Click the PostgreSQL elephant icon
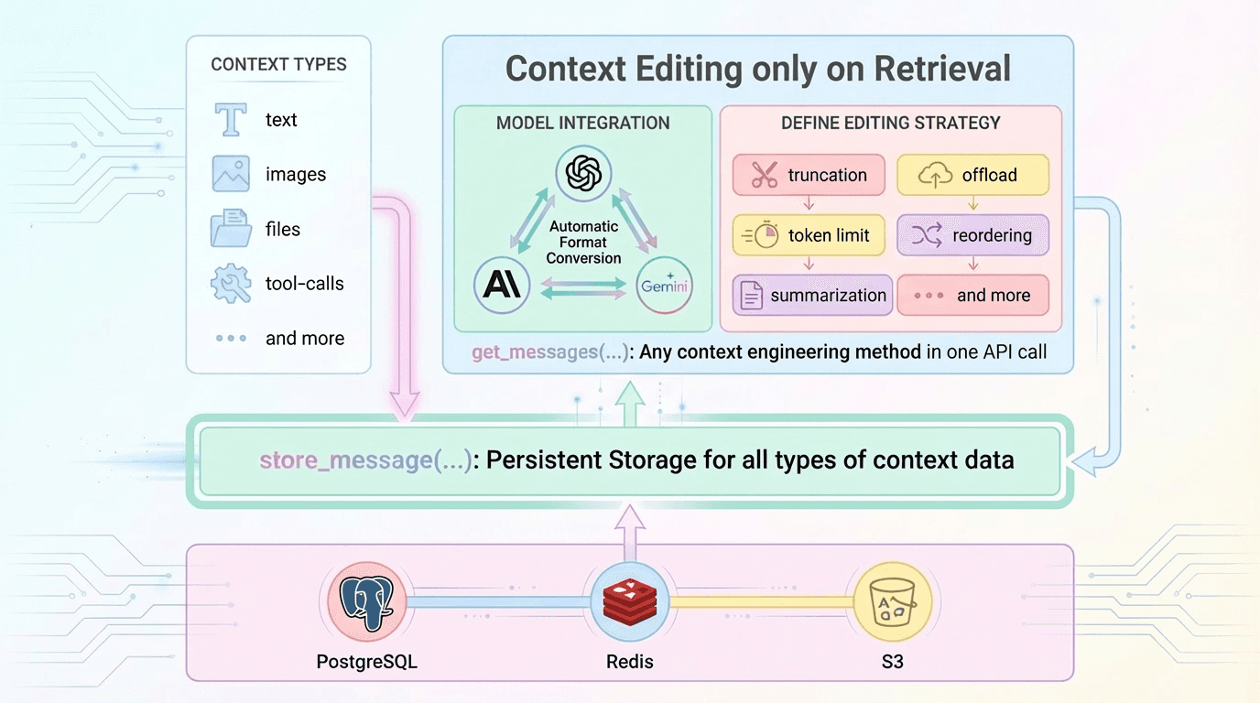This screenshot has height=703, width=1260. (365, 600)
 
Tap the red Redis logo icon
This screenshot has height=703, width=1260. (629, 600)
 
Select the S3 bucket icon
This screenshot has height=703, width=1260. (892, 600)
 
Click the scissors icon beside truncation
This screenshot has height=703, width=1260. (764, 175)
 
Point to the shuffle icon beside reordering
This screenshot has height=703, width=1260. (927, 235)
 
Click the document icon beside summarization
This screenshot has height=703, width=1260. (752, 296)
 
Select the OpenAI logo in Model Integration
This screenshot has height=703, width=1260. (582, 173)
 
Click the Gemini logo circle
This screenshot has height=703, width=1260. (664, 286)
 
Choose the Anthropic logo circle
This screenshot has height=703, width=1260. (503, 286)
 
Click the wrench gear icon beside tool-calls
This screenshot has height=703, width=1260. (231, 284)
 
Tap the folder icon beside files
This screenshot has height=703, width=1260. (231, 229)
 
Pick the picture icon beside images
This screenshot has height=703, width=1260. (231, 174)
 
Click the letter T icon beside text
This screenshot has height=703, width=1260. (231, 120)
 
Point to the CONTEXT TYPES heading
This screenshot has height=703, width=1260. (278, 65)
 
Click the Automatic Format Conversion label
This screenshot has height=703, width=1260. (583, 243)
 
